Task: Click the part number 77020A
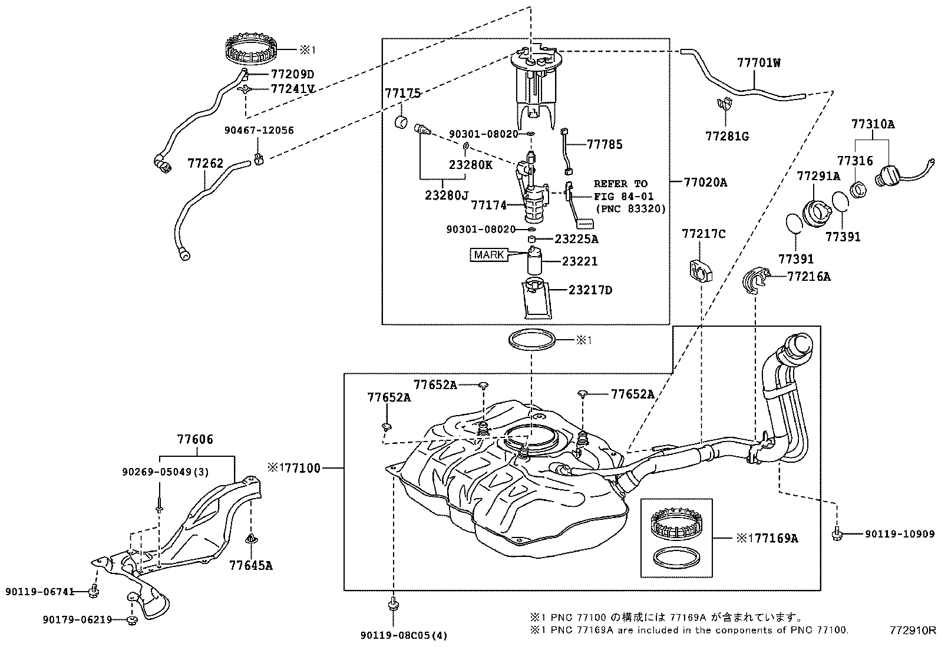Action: pyautogui.click(x=705, y=183)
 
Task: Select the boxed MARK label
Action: pyautogui.click(x=489, y=255)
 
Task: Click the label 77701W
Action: pyautogui.click(x=758, y=63)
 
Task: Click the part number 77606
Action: pyautogui.click(x=195, y=439)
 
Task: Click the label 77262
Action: pyautogui.click(x=206, y=163)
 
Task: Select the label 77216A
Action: pyautogui.click(x=808, y=276)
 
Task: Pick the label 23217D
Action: pyautogui.click(x=590, y=290)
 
